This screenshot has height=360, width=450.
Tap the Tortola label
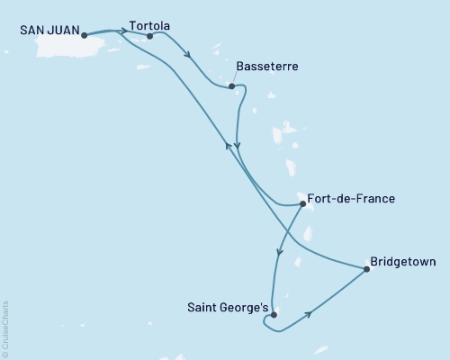tap(149, 25)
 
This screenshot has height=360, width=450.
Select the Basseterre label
tap(267, 67)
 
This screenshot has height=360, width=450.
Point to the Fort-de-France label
tap(350, 199)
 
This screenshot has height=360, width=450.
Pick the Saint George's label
tap(228, 308)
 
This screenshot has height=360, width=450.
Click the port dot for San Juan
tap(84, 36)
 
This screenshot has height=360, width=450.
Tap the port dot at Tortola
tap(149, 37)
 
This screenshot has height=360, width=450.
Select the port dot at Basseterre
tap(232, 86)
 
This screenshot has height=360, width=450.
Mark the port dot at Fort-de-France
tap(302, 204)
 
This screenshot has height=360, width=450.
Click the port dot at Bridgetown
tap(365, 268)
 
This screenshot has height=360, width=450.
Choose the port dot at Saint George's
tap(274, 316)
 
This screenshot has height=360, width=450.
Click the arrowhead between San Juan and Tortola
tap(122, 31)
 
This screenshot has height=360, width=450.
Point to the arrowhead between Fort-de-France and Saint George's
tap(279, 253)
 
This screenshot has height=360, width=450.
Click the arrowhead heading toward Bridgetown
tap(310, 313)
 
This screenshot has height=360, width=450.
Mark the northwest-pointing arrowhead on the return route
tap(226, 146)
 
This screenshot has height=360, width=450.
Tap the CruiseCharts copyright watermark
tap(5, 325)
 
